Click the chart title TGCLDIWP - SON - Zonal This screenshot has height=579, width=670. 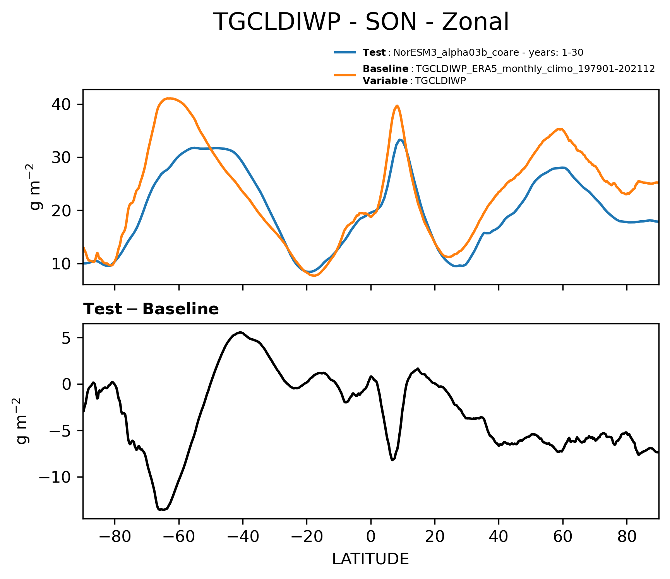pyautogui.click(x=361, y=22)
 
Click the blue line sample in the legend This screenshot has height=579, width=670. pyautogui.click(x=345, y=53)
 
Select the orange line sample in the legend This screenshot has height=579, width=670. pyautogui.click(x=345, y=75)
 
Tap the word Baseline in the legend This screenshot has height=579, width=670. pyautogui.click(x=386, y=69)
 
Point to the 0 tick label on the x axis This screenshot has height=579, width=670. pyautogui.click(x=371, y=537)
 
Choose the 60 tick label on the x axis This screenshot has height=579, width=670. pyautogui.click(x=563, y=537)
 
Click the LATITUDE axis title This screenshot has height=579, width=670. pyautogui.click(x=370, y=559)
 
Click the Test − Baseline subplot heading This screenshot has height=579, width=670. pyautogui.click(x=151, y=309)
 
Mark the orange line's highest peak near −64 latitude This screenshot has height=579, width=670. pyautogui.click(x=170, y=98)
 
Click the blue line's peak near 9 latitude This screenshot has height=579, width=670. pyautogui.click(x=400, y=140)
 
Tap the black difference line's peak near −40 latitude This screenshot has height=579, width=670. pyautogui.click(x=240, y=332)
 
